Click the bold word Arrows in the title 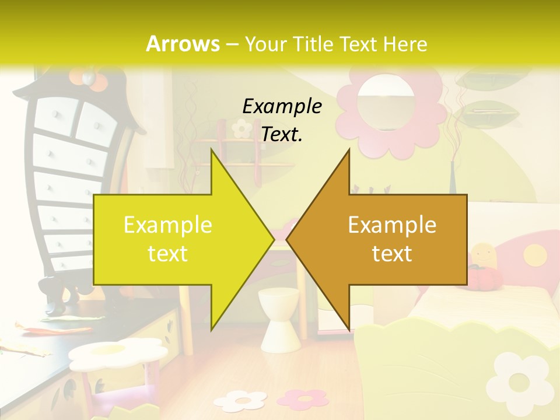[183, 44]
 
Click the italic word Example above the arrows [282, 106]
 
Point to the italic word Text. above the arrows [282, 135]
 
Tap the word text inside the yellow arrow [167, 254]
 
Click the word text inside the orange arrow [392, 254]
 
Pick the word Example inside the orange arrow [392, 225]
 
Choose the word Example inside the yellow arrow [167, 225]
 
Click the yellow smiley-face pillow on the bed [483, 257]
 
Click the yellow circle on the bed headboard [534, 255]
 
